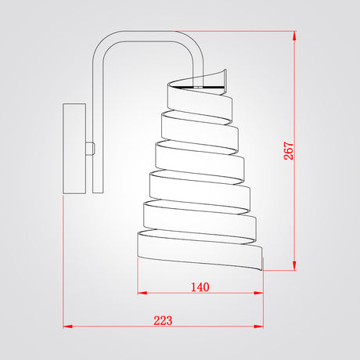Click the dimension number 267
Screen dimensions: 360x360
pyautogui.click(x=289, y=150)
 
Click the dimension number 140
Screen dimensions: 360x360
pyautogui.click(x=200, y=287)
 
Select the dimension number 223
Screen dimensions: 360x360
pyautogui.click(x=163, y=320)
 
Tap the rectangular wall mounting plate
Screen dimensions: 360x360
pyautogui.click(x=74, y=149)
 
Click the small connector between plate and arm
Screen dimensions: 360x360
pyautogui.click(x=89, y=149)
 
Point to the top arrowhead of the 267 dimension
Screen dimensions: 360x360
pyautogui.click(x=294, y=36)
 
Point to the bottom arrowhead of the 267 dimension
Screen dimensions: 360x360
pyautogui.click(x=294, y=265)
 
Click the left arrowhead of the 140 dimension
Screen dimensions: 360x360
pyautogui.click(x=142, y=293)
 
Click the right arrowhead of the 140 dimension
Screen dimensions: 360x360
pyautogui.click(x=258, y=293)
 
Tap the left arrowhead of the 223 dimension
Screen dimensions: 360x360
pyautogui.click(x=67, y=326)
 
